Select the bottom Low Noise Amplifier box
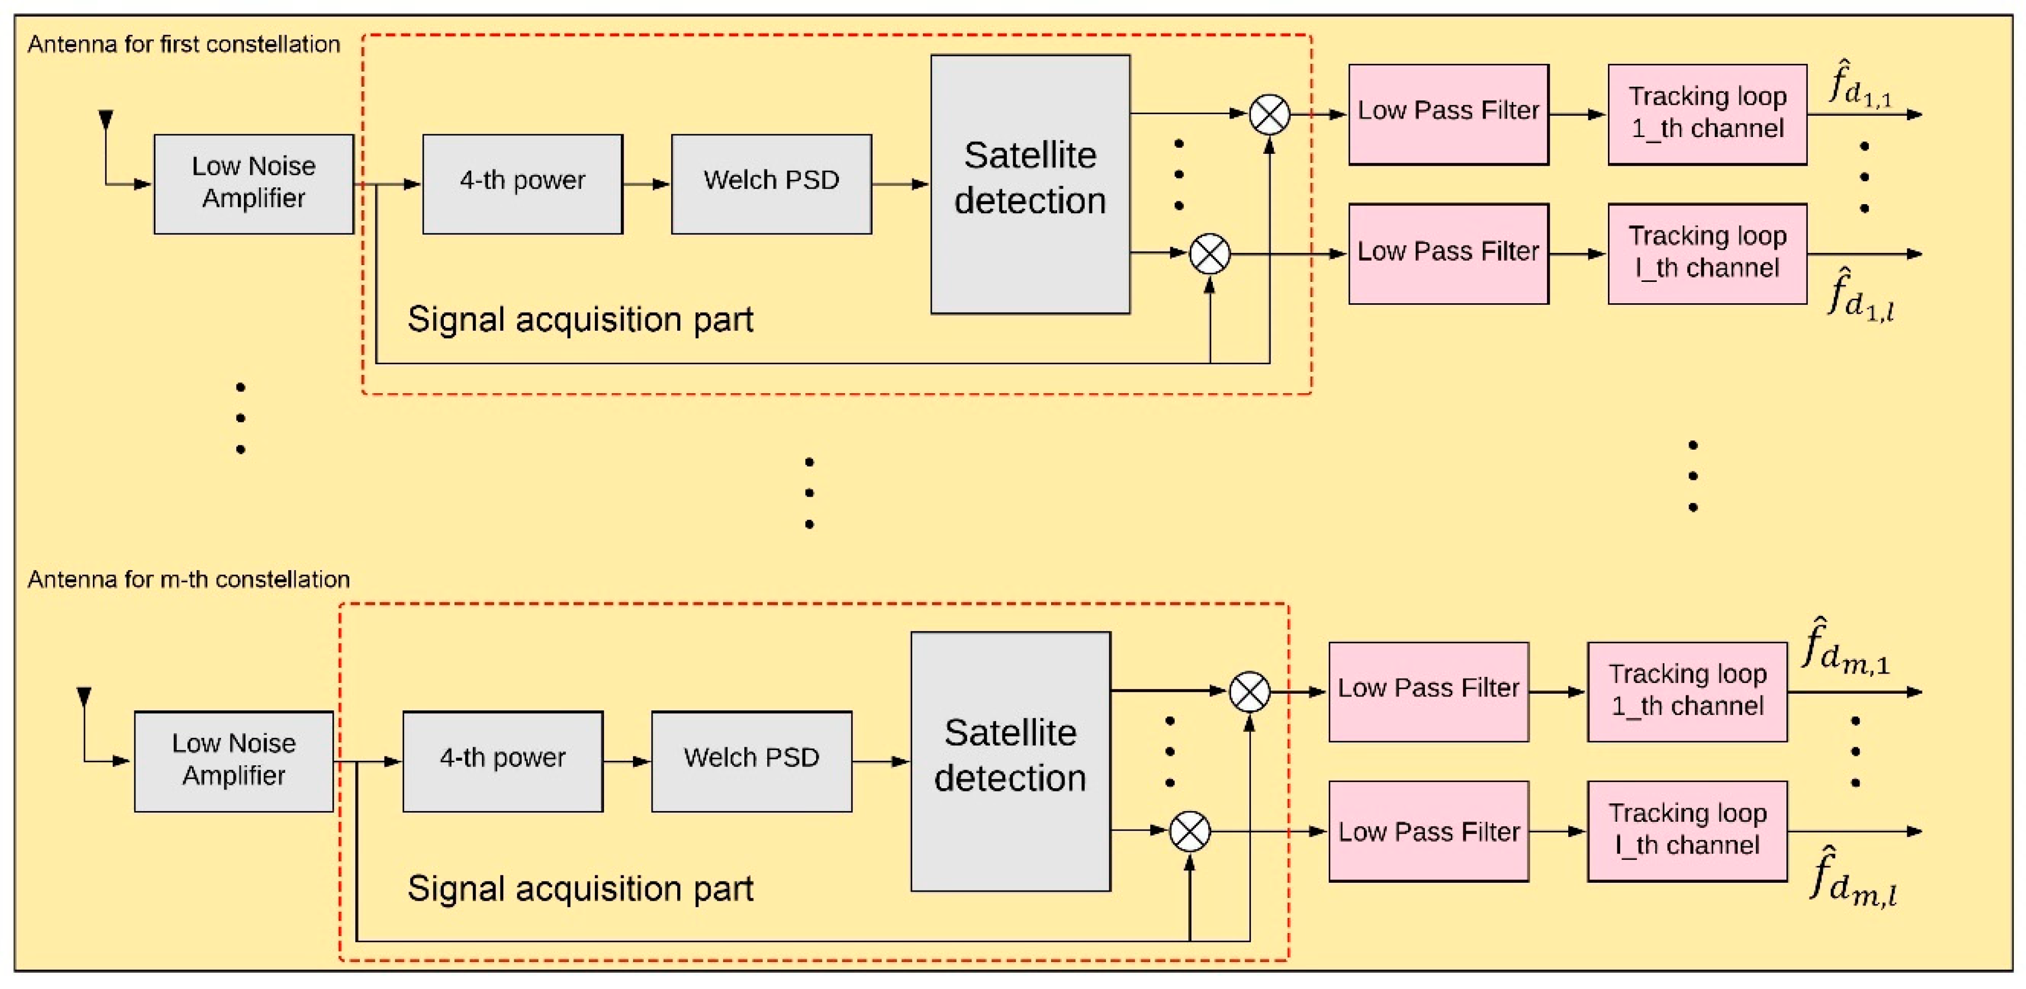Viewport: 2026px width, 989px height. (x=233, y=760)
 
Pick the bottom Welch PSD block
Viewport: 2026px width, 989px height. (x=751, y=760)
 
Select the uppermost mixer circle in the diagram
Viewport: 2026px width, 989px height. (x=1269, y=114)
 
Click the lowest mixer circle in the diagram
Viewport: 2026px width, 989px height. (x=1189, y=831)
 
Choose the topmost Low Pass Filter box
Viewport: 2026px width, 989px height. (x=1448, y=114)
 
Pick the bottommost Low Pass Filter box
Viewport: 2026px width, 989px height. (x=1428, y=831)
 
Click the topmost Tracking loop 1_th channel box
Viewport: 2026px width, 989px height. (x=1706, y=114)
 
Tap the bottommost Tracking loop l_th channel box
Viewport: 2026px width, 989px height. (x=1687, y=831)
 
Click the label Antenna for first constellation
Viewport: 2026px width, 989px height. (x=183, y=44)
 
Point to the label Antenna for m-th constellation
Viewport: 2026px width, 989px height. (x=188, y=580)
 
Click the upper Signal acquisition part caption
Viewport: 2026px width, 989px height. (x=580, y=319)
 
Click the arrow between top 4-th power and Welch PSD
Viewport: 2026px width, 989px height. (x=646, y=184)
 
